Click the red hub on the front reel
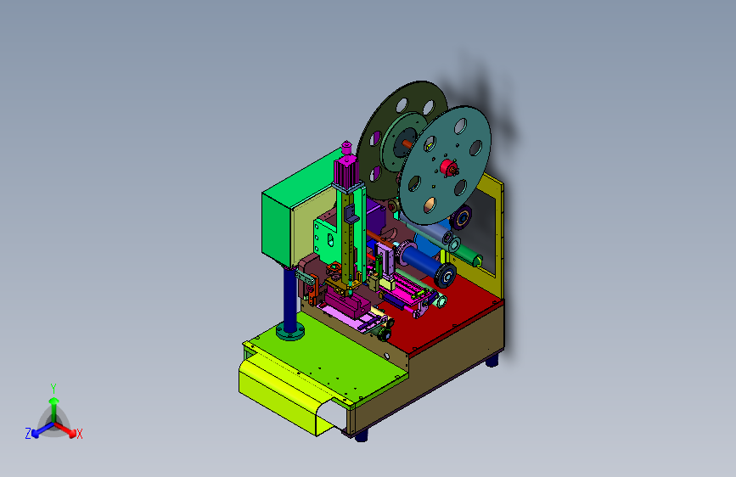(x=448, y=167)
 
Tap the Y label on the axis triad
(x=53, y=389)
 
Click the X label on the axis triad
(x=79, y=435)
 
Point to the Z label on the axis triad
(x=28, y=434)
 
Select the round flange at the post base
(x=290, y=331)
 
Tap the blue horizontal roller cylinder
(x=419, y=261)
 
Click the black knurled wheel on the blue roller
(x=445, y=275)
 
